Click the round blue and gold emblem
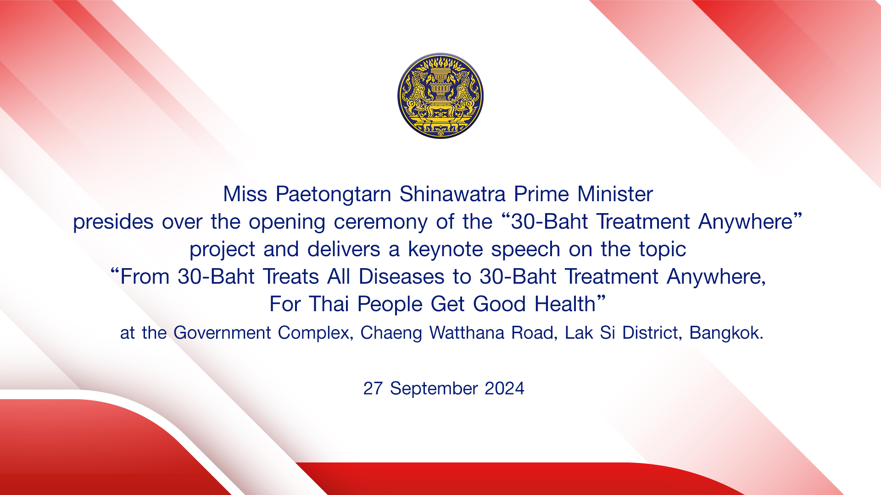point(440,96)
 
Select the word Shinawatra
point(452,194)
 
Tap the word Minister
point(615,194)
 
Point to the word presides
point(113,222)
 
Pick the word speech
point(526,250)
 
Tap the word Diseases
point(401,277)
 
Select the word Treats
point(291,277)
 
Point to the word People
point(390,305)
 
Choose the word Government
point(222,333)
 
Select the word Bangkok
point(726,333)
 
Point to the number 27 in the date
point(373,388)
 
